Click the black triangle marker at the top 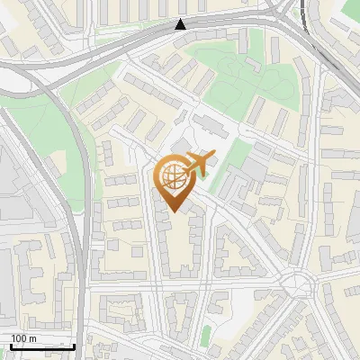(x=181, y=24)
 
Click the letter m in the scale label (x=32, y=338)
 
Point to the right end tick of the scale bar (x=75, y=345)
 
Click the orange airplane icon (x=200, y=165)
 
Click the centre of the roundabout (x=299, y=287)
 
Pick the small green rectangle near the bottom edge (x=205, y=336)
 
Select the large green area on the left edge (x=36, y=135)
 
